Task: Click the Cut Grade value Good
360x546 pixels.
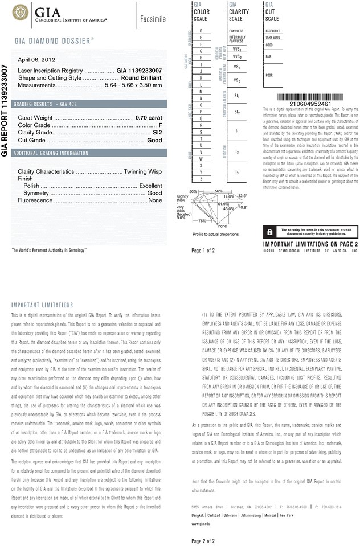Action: [154, 140]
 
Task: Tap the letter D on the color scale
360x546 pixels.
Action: [201, 30]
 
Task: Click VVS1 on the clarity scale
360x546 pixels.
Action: [237, 49]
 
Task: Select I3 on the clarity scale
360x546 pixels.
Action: [237, 171]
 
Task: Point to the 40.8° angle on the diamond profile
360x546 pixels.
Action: [243, 207]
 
